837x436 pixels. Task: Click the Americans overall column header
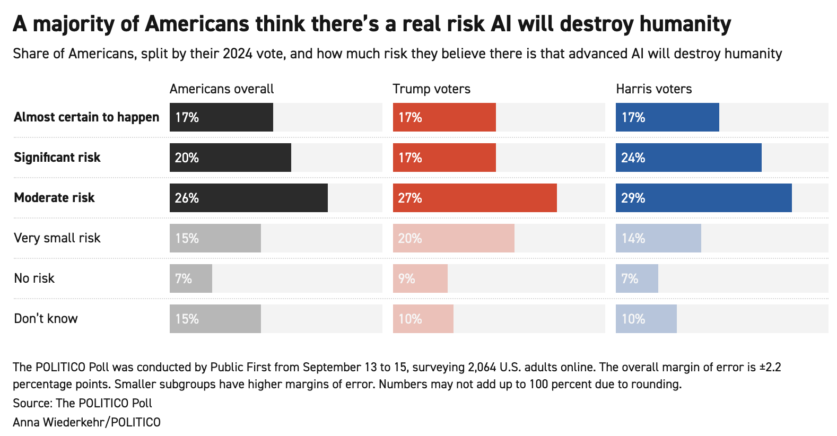pyautogui.click(x=222, y=89)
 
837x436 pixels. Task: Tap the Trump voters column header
pyautogui.click(x=431, y=89)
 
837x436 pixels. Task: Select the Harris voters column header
pyautogui.click(x=654, y=89)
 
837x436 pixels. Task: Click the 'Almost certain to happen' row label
pyautogui.click(x=86, y=117)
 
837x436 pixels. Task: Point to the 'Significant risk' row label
pyautogui.click(x=57, y=158)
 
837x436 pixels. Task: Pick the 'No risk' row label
pyautogui.click(x=34, y=278)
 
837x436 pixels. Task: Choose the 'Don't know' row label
pyautogui.click(x=46, y=319)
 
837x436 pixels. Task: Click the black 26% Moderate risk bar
pyautogui.click(x=248, y=198)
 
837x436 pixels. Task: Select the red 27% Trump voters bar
pyautogui.click(x=475, y=198)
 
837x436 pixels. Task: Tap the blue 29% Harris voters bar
pyautogui.click(x=704, y=198)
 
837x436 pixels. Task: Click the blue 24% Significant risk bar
pyautogui.click(x=688, y=158)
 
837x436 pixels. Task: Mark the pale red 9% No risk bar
pyautogui.click(x=420, y=278)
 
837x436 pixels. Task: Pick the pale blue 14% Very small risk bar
pyautogui.click(x=658, y=238)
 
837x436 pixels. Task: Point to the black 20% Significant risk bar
pyautogui.click(x=230, y=158)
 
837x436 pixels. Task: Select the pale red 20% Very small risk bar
pyautogui.click(x=454, y=238)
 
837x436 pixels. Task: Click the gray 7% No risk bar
pyautogui.click(x=190, y=278)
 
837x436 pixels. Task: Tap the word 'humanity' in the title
pyautogui.click(x=685, y=24)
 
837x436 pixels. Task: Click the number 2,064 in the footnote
pyautogui.click(x=482, y=367)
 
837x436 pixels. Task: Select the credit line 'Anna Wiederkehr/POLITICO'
pyautogui.click(x=86, y=422)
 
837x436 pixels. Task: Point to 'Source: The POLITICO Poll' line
pyautogui.click(x=83, y=403)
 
